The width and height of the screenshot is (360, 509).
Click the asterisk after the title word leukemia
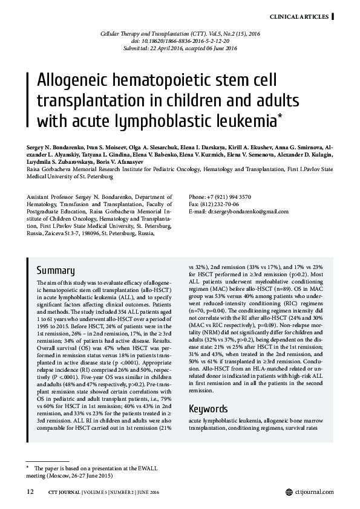279,114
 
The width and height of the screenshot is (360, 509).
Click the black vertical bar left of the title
30,100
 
